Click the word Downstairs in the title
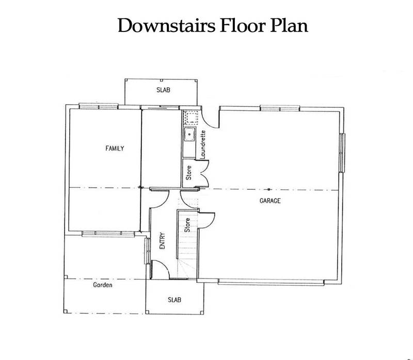click(x=166, y=25)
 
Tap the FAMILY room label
click(x=115, y=149)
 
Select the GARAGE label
click(x=270, y=201)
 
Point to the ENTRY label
click(x=162, y=240)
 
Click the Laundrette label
click(x=203, y=144)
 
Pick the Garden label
click(x=102, y=285)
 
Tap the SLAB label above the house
click(x=163, y=90)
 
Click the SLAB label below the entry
click(x=174, y=300)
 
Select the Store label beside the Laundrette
click(x=188, y=173)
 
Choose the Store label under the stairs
click(x=187, y=225)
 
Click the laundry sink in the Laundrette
click(x=189, y=135)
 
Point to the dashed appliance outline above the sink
click(x=190, y=117)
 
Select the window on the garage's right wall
click(x=342, y=153)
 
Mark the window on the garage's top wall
click(x=280, y=108)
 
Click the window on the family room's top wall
click(x=99, y=106)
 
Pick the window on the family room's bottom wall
click(x=108, y=234)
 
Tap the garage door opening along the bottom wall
click(x=271, y=283)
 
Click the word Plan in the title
click(x=289, y=25)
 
